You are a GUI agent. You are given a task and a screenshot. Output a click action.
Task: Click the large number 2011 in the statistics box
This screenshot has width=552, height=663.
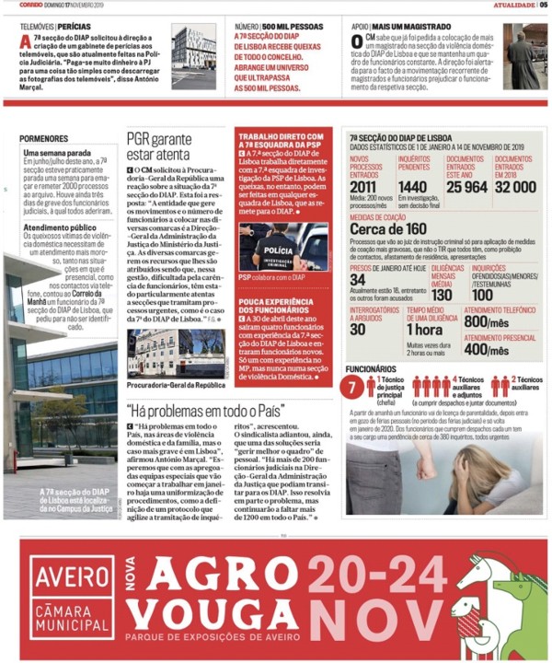(x=363, y=187)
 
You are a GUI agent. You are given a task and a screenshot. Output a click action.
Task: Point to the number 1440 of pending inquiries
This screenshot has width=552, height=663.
(x=413, y=187)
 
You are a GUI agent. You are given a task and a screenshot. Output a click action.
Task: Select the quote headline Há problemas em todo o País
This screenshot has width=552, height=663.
(x=206, y=409)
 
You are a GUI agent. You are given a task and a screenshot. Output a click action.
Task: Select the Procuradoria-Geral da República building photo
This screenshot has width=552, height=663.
(x=175, y=353)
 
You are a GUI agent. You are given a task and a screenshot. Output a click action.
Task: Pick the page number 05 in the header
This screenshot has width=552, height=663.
(x=543, y=6)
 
